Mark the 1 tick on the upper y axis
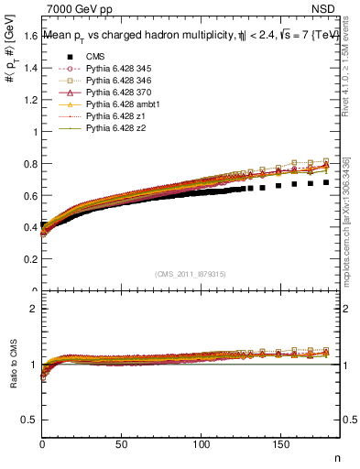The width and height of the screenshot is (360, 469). click(x=35, y=131)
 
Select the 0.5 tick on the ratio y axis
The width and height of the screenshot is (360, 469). click(x=30, y=420)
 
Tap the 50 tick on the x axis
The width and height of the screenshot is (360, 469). click(x=121, y=443)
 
